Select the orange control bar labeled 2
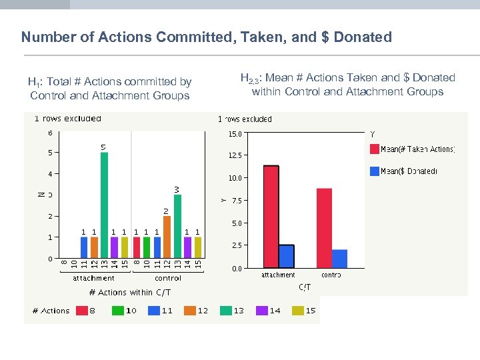coord(167,237)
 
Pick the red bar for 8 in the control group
coord(136,247)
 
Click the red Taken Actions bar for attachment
coord(271,217)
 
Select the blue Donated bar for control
coord(339,259)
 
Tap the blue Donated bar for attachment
coord(287,256)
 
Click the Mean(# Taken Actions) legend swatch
coord(373,149)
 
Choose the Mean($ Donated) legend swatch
coord(373,171)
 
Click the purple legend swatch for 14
coord(257,311)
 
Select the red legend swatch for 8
coord(82,311)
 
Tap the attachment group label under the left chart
coord(93,278)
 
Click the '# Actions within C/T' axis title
coord(130,293)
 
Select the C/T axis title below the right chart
coord(304,287)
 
